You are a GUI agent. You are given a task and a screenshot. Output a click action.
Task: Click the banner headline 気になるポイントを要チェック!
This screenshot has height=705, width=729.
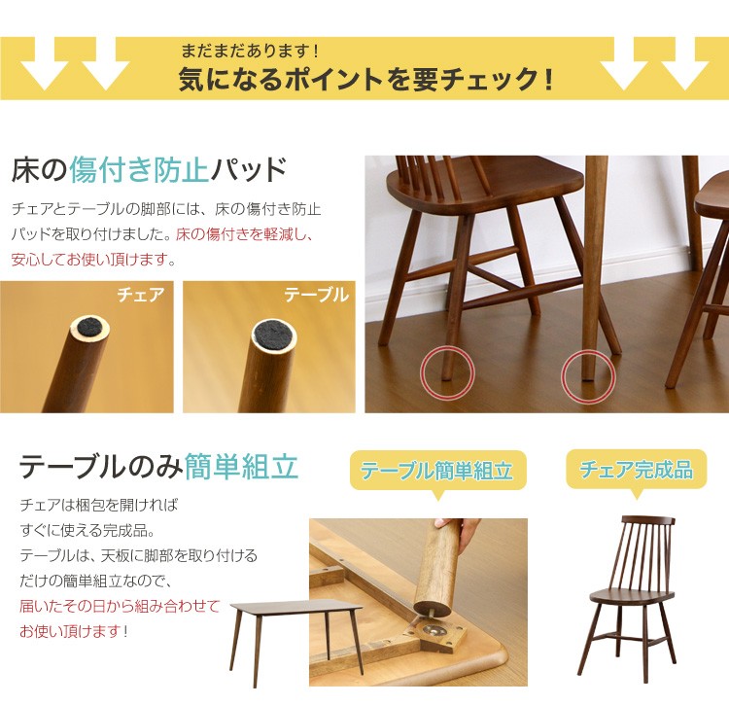[365, 79]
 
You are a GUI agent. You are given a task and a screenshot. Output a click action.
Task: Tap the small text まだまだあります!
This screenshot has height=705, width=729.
[250, 51]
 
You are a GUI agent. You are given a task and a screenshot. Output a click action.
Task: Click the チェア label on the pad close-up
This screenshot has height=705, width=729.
[141, 295]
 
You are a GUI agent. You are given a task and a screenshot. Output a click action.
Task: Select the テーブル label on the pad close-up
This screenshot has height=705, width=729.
[317, 295]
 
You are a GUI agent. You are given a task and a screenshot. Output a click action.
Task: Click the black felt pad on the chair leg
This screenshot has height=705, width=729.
[89, 328]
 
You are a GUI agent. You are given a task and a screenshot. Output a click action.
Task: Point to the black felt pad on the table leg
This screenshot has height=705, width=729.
[273, 335]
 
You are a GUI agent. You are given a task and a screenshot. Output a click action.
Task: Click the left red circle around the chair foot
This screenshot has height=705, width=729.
[447, 372]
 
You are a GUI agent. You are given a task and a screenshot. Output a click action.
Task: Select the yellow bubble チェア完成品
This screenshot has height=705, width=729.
[637, 471]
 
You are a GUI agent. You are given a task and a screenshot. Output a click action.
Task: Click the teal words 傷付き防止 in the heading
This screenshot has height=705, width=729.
[139, 169]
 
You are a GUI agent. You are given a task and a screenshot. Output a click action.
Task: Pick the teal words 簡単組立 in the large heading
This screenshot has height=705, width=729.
[241, 467]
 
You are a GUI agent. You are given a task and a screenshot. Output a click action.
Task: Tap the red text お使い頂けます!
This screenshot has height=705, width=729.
[74, 631]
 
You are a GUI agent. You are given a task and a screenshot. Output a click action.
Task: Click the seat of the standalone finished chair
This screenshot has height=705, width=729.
[632, 594]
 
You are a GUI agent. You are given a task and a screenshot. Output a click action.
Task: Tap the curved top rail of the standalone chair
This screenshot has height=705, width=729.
[648, 520]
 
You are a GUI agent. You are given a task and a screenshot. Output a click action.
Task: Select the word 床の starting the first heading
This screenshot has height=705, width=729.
[40, 169]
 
